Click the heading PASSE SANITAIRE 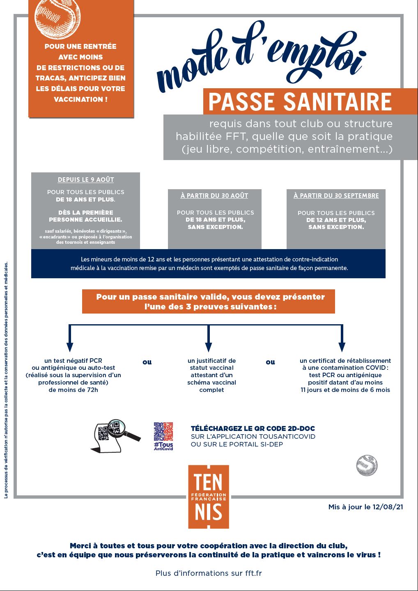coord(300,102)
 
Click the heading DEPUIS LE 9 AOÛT coord(86,180)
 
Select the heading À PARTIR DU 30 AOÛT coord(214,196)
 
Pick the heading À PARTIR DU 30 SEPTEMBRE coord(336,196)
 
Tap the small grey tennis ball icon coord(367,465)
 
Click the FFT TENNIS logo coord(209,497)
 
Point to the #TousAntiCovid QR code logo coord(163,436)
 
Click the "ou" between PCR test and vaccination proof coord(147,362)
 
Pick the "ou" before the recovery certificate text coord(270,362)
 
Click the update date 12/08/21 coord(388,507)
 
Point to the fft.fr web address coord(253,573)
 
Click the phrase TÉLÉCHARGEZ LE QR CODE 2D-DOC coord(253,428)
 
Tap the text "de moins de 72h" coord(73,390)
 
